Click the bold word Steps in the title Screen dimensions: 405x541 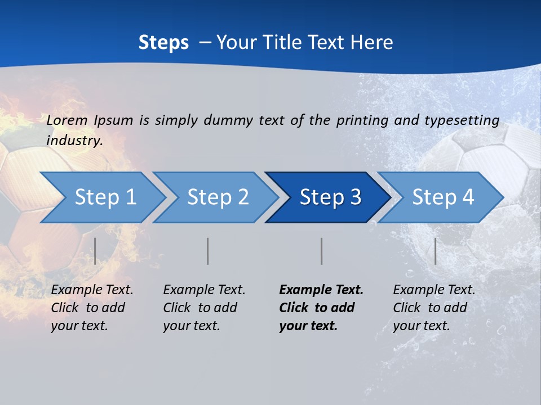pos(163,43)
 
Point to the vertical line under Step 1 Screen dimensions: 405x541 pos(95,251)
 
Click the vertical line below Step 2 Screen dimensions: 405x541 pos(208,251)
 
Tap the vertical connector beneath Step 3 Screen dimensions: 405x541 pos(321,251)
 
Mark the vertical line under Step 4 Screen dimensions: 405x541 pos(435,251)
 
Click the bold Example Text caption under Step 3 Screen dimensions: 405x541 pos(321,308)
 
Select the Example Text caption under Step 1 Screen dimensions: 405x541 pos(92,308)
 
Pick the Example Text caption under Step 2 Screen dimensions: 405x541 pos(204,308)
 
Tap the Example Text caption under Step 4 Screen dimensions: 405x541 pos(434,308)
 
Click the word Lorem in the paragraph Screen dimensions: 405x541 pos(67,120)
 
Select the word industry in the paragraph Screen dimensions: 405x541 pos(74,141)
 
